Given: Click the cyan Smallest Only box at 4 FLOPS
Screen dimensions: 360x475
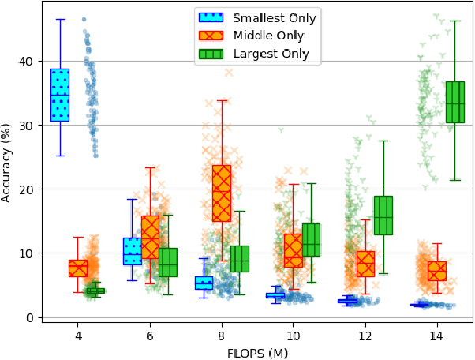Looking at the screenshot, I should tap(60, 94).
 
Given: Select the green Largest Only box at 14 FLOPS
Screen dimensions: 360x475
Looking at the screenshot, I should tap(455, 102).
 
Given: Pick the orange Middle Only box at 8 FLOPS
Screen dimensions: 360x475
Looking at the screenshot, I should tap(222, 193).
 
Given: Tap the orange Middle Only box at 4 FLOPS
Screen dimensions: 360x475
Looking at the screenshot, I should tap(78, 268).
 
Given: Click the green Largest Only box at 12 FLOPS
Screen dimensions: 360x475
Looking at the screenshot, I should tap(383, 215).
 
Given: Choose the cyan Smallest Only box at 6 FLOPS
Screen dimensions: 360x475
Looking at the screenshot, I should tap(132, 251).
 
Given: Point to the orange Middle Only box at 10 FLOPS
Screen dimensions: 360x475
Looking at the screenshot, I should tap(294, 250).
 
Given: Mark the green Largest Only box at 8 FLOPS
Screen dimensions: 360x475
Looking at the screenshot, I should tap(240, 258).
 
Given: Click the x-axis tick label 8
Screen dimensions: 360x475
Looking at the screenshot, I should tap(222, 334).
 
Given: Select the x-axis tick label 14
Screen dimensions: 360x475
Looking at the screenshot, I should tap(437, 334).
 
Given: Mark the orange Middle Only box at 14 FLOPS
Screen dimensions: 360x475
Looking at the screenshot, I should tap(437, 271).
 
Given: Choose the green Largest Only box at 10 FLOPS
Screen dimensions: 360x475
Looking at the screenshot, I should tap(312, 240).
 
